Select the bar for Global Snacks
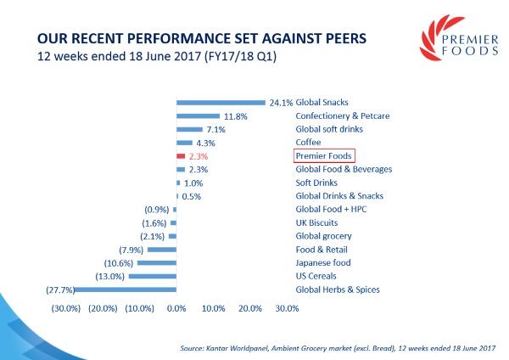click(221, 102)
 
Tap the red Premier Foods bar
click(181, 156)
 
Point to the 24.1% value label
click(280, 103)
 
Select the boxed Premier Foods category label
click(323, 156)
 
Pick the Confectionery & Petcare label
click(344, 115)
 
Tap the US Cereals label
click(316, 276)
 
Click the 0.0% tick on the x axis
click(176, 307)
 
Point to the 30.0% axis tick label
click(288, 307)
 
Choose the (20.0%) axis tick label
click(102, 307)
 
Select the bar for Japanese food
click(157, 262)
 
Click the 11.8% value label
click(233, 115)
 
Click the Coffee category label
click(307, 143)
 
